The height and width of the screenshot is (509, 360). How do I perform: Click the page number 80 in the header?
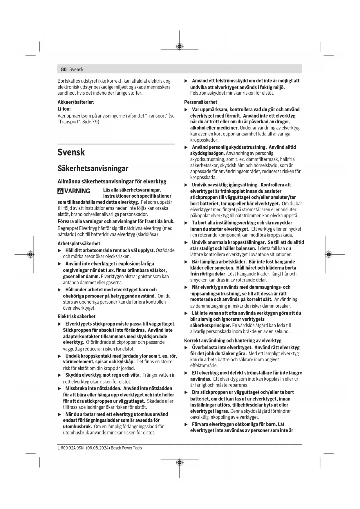pos(64,70)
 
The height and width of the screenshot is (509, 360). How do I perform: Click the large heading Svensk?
pos(71,152)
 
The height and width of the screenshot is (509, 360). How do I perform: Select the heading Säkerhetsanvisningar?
pos(93,168)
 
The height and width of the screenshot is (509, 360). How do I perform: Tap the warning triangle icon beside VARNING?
pos(60,191)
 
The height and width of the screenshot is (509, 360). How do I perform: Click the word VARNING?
pos(77,191)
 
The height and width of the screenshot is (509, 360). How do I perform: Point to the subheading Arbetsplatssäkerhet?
pos(79,243)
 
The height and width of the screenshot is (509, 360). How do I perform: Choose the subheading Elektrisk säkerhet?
pos(76,316)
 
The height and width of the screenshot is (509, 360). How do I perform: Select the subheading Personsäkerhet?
pos(200,102)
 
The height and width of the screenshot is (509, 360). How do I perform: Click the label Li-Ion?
pos(64,109)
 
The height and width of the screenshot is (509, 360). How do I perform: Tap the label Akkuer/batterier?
pos(76,102)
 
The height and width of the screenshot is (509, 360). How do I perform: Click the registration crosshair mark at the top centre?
pos(180,46)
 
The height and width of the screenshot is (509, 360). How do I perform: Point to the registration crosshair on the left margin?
pos(30,255)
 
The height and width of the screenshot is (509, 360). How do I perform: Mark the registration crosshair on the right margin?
pos(328,255)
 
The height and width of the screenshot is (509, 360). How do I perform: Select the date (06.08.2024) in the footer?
pos(98,448)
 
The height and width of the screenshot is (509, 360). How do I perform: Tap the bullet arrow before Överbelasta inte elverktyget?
pos(186,348)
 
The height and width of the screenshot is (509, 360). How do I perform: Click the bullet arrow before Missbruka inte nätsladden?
pos(60,389)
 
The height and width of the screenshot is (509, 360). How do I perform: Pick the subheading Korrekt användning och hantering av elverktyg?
pos(233,340)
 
